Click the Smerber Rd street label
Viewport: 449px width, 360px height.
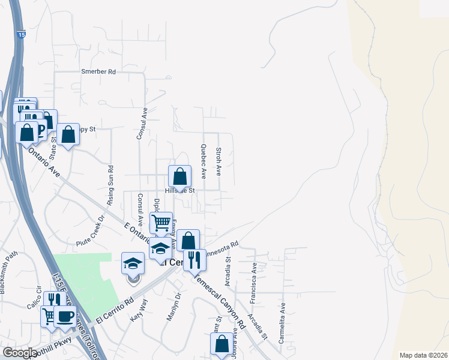click(98, 71)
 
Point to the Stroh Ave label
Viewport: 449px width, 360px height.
click(219, 161)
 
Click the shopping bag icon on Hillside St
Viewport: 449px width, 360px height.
click(179, 176)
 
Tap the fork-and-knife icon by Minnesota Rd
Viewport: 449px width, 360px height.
click(194, 260)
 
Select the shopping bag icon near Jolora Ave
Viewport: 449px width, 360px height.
click(221, 344)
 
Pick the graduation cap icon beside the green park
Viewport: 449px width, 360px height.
click(133, 263)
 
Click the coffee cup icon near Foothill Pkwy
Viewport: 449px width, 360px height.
click(65, 316)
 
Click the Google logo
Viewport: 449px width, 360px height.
click(20, 352)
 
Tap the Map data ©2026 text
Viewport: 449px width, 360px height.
click(423, 355)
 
